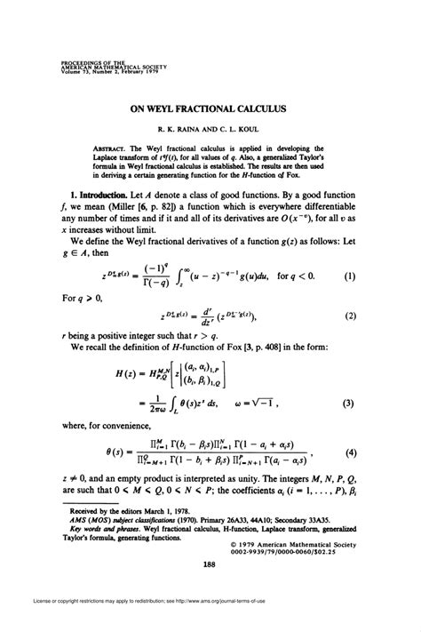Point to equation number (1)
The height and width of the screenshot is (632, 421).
tap(350, 276)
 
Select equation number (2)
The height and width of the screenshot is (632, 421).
tap(350, 316)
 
